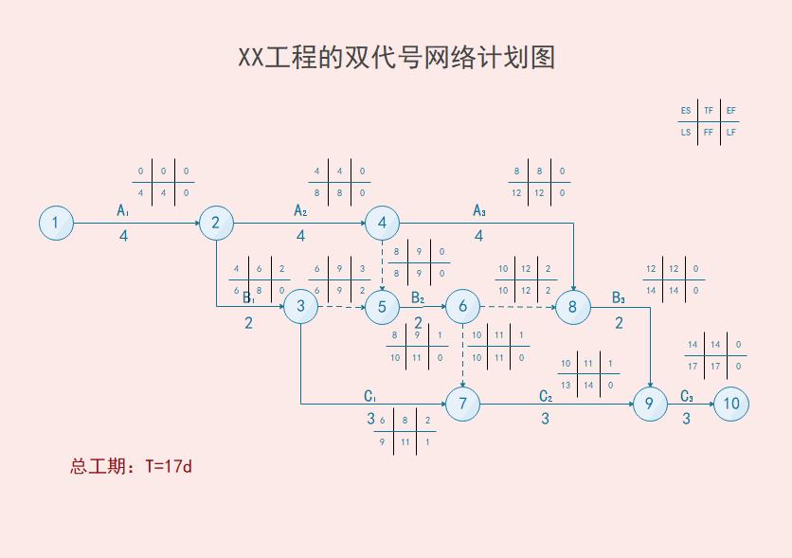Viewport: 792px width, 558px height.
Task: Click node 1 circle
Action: [56, 224]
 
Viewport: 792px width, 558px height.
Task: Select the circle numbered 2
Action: [216, 224]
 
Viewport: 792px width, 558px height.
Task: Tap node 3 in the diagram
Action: [300, 306]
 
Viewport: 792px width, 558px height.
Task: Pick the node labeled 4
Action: [382, 224]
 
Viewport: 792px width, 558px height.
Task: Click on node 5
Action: [382, 306]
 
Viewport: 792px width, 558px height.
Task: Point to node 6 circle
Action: [462, 306]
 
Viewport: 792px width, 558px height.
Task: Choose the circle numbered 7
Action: [462, 405]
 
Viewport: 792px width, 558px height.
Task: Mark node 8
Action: [572, 306]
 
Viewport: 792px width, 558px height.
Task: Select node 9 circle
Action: [650, 405]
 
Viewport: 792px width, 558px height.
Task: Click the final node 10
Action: [730, 405]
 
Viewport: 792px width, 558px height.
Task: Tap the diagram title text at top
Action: [396, 58]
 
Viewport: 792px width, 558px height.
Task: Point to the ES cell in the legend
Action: [686, 111]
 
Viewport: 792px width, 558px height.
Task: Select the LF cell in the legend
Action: [730, 133]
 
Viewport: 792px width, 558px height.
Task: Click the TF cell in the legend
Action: [709, 111]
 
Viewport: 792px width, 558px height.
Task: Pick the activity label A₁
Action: [123, 209]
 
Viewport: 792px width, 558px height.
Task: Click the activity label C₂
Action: [546, 396]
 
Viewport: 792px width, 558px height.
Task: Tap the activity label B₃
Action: [619, 297]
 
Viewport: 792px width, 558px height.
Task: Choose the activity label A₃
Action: [479, 210]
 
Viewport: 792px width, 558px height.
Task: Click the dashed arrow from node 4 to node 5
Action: [382, 265]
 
